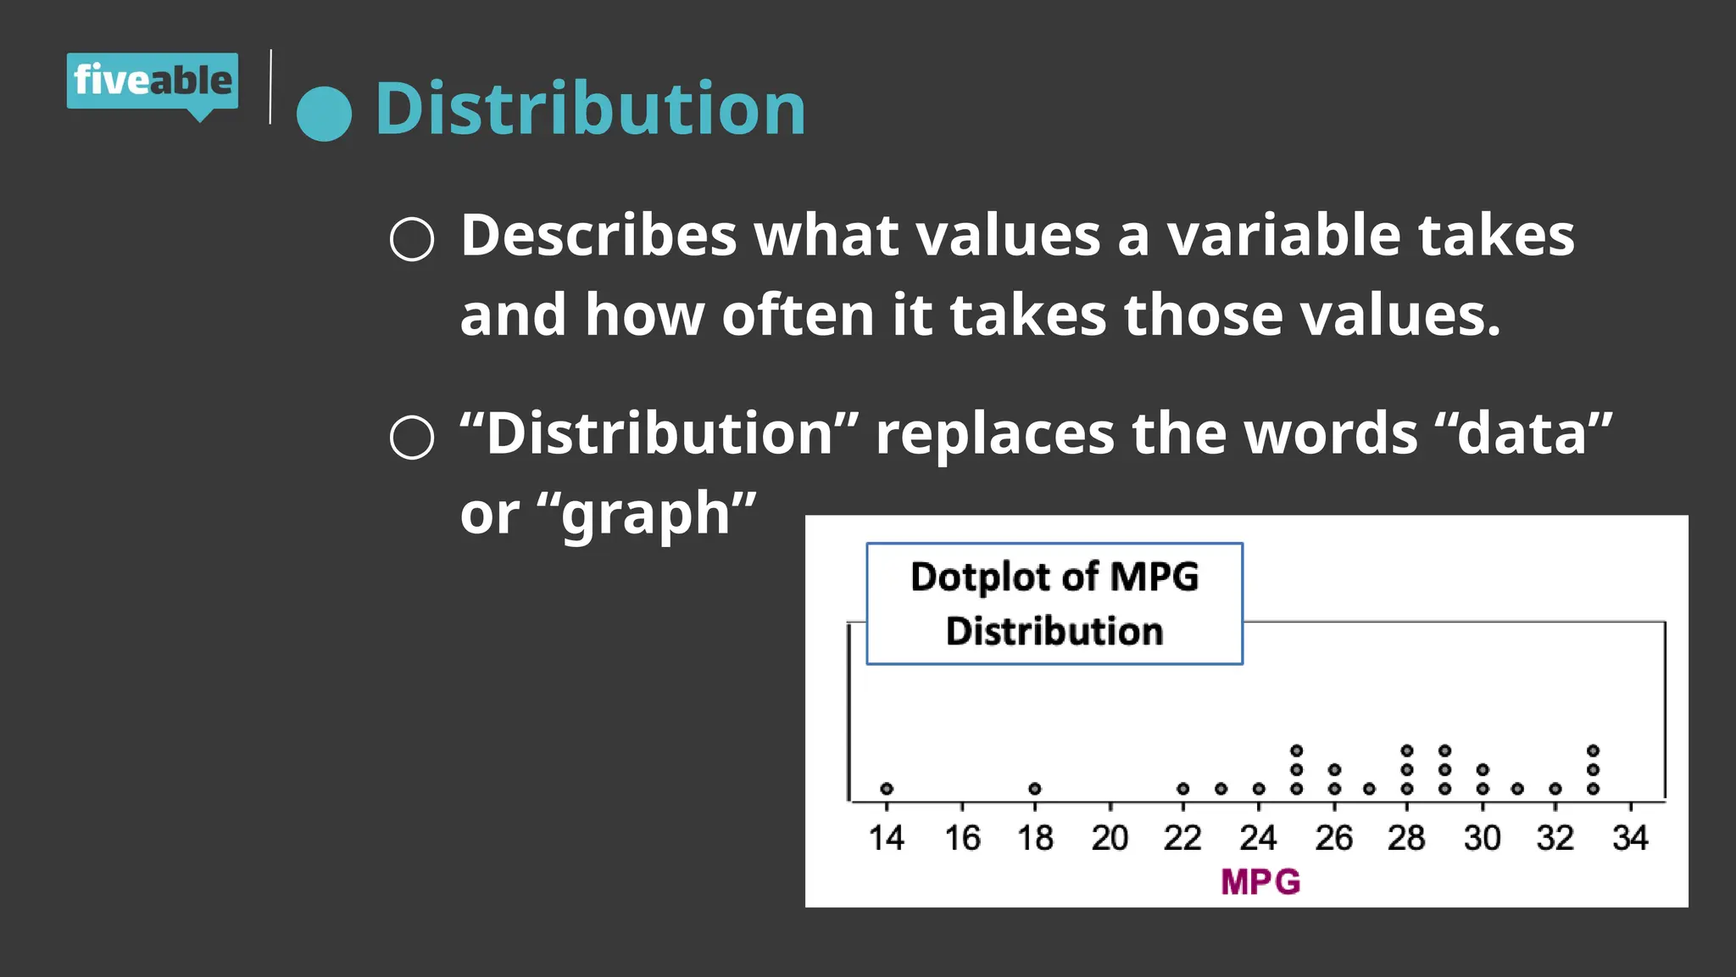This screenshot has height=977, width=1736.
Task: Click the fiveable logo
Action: pos(153,81)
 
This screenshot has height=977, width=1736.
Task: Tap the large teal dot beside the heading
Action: pos(324,114)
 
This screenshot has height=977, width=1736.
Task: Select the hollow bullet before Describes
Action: pos(412,239)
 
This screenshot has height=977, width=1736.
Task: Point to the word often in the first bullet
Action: pos(798,315)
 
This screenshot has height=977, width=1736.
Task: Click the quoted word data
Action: pos(1522,433)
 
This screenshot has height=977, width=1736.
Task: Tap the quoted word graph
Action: pos(646,514)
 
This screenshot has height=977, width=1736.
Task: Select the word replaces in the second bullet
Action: pos(994,433)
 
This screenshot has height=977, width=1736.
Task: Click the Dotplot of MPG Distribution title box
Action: pos(1054,603)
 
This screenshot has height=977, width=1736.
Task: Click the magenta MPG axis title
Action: pos(1260,882)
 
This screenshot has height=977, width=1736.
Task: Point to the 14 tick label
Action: pos(887,838)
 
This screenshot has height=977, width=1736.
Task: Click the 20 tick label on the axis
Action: pos(1110,838)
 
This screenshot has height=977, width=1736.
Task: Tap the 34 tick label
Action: pos(1630,838)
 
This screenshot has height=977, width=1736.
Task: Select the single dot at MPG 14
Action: pos(887,789)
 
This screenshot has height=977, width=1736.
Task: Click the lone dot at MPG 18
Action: pos(1035,789)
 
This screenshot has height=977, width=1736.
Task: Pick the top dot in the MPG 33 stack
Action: pos(1593,751)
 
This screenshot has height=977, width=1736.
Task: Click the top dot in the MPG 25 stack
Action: pos(1297,751)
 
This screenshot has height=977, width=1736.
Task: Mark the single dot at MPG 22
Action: pos(1183,789)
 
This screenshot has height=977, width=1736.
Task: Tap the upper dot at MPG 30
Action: pos(1483,770)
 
